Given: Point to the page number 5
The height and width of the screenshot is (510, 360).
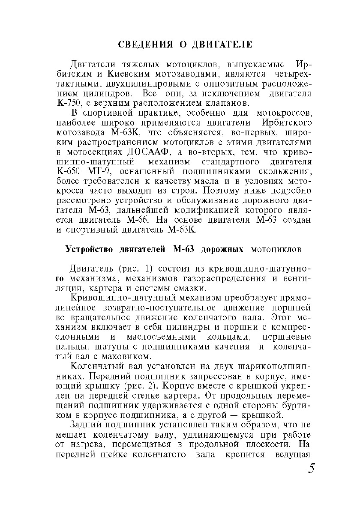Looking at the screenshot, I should coord(311,468).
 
